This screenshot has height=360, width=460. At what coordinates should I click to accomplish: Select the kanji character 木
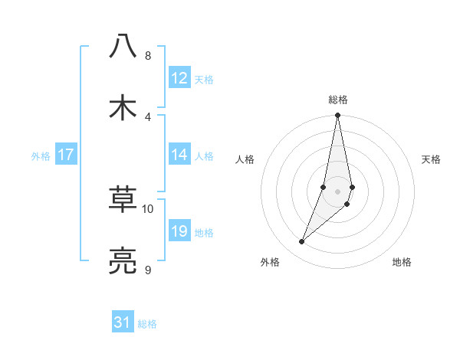pos(123,107)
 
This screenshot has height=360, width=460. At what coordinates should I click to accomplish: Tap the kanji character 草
pos(123,200)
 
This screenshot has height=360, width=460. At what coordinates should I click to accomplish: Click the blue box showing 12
pos(179,78)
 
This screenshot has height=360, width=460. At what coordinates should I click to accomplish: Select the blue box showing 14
pos(179,155)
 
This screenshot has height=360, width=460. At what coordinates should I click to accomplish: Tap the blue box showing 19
pos(179,231)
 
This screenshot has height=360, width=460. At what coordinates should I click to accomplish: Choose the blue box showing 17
pos(66,155)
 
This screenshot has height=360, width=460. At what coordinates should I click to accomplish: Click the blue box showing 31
pos(123,323)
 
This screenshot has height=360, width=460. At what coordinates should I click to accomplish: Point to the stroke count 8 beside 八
pos(148,56)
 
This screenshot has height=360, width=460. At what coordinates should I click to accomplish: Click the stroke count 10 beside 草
pos(148,209)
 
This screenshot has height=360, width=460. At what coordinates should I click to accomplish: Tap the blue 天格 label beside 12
pos(204,79)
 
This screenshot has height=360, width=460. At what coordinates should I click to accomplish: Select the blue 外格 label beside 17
pos(41,155)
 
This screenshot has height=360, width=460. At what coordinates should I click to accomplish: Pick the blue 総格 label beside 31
pos(147,324)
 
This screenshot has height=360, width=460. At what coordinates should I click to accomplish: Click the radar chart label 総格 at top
pos(338,100)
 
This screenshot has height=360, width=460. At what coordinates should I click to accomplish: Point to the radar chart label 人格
pos(245,159)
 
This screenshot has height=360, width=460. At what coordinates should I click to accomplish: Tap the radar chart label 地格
pos(402,262)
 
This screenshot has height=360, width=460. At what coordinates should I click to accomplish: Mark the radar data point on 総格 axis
pos(337,116)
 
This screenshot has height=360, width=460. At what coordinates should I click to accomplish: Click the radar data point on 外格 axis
pos(301,242)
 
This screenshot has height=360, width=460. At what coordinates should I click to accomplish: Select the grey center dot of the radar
pos(337,191)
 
